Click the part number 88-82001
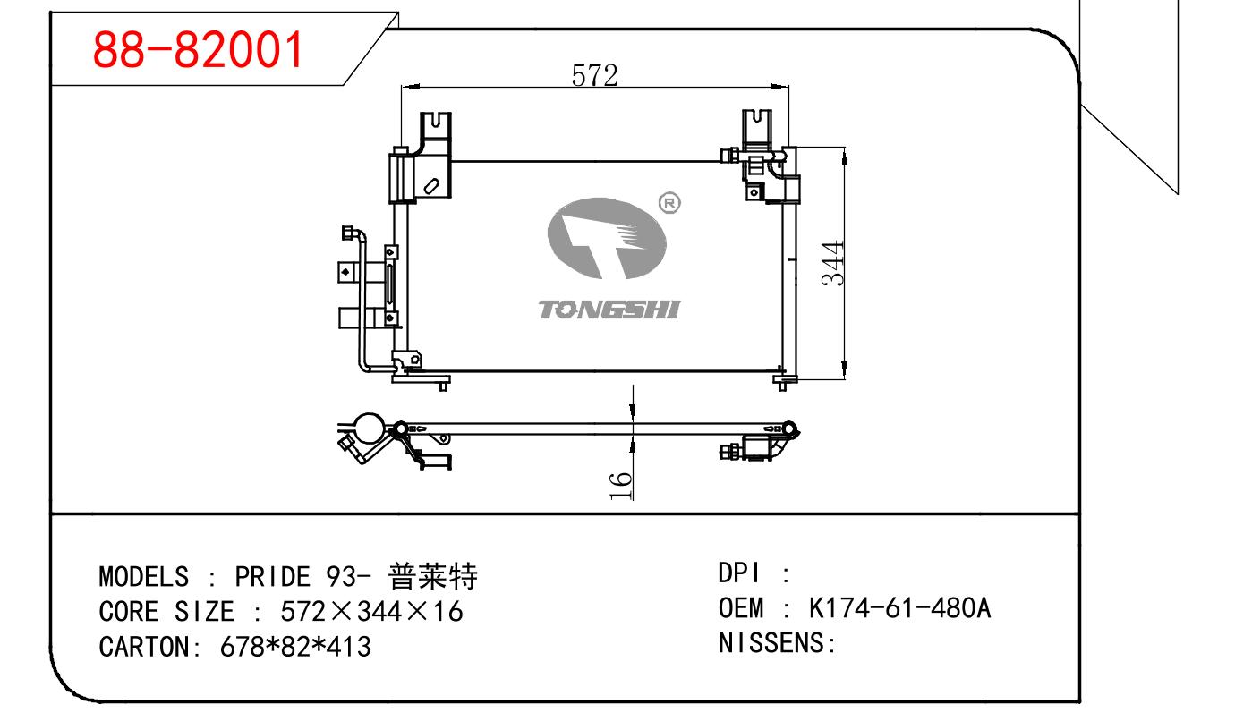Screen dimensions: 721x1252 click(x=199, y=52)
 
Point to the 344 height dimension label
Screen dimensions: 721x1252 click(x=833, y=262)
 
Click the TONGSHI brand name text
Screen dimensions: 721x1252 click(x=609, y=310)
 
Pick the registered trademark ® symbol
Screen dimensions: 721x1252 click(x=669, y=203)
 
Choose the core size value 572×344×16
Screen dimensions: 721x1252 click(x=371, y=612)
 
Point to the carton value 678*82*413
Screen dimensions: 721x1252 click(x=295, y=646)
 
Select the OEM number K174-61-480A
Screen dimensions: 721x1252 click(x=900, y=608)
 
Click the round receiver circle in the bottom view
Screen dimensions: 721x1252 click(x=367, y=427)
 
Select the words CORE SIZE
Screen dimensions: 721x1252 click(x=166, y=612)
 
